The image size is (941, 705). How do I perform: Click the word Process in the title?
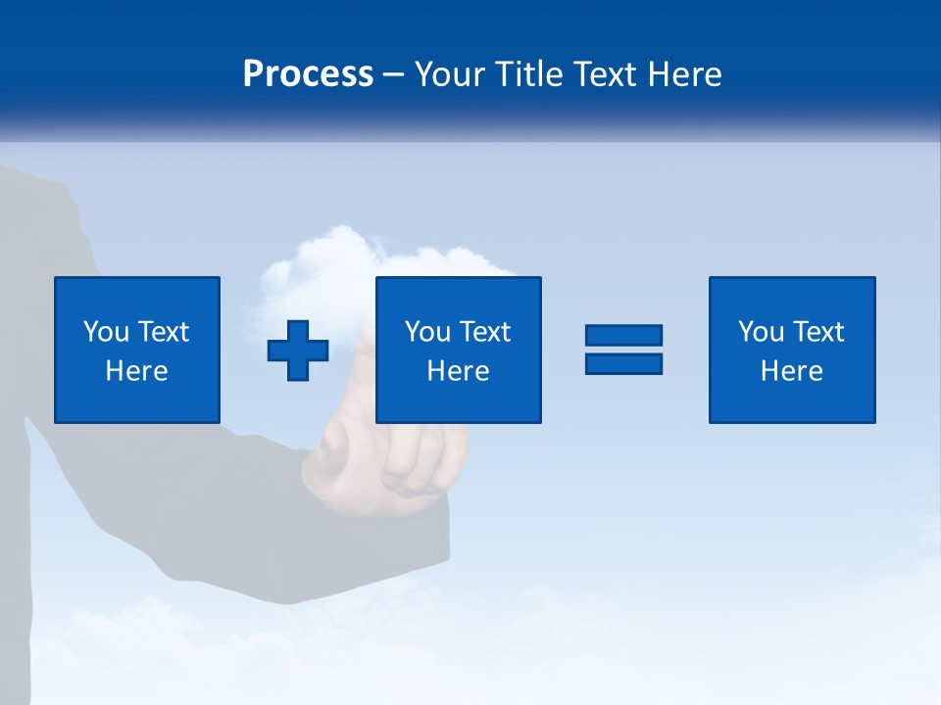tap(308, 74)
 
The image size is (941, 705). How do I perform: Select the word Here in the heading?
tap(685, 74)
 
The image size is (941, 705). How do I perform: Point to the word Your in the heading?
tap(449, 74)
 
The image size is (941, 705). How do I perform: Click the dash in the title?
tap(394, 75)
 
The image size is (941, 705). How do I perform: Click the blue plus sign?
tap(298, 350)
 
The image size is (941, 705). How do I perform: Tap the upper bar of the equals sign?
tap(623, 336)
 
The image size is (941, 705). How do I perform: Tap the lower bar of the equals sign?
tap(623, 363)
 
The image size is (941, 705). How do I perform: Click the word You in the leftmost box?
tap(106, 332)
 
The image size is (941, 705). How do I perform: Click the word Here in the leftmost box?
tap(137, 371)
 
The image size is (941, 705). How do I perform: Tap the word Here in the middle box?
tap(459, 371)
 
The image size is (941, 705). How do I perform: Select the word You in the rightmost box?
tap(761, 332)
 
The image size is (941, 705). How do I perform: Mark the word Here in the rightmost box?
tap(792, 371)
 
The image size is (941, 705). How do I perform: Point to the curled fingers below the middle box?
tap(412, 460)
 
